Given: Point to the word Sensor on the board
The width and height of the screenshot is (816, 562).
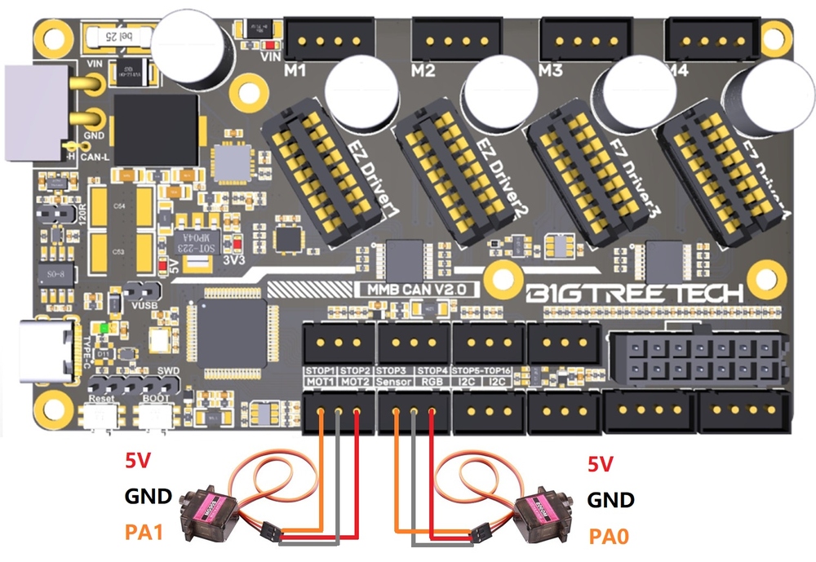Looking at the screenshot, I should (x=394, y=380).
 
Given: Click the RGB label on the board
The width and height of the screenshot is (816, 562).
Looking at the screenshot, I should (x=430, y=380).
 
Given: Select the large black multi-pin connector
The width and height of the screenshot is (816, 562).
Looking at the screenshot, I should (x=698, y=359).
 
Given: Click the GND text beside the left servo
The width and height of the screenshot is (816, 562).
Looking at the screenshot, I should (x=148, y=496).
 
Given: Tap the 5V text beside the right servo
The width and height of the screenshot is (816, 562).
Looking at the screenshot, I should (x=601, y=465).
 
